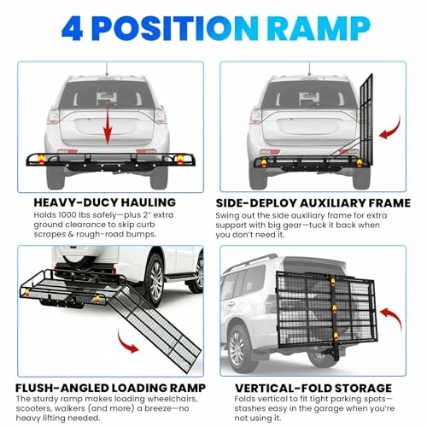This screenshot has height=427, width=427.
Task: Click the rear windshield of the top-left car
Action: pos(107,97)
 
